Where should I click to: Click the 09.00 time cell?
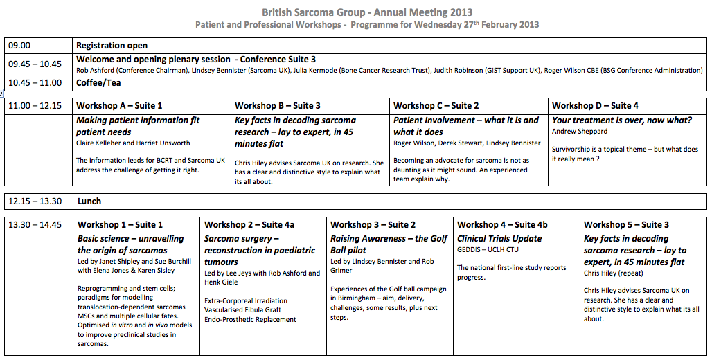click(19, 46)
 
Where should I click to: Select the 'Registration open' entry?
click(112, 46)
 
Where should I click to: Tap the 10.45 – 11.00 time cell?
click(35, 83)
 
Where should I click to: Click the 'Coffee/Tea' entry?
click(98, 83)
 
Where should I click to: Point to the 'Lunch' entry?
click(89, 201)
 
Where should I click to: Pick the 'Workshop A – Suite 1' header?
click(119, 106)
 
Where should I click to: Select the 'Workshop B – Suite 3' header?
click(278, 106)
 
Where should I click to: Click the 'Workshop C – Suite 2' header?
click(436, 106)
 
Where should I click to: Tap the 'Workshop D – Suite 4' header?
click(595, 106)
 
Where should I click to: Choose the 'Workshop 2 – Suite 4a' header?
click(249, 224)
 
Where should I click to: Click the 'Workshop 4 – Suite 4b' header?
click(502, 224)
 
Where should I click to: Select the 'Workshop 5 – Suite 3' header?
click(627, 224)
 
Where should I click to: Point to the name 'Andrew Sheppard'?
click(580, 131)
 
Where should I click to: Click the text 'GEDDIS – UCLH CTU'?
click(488, 249)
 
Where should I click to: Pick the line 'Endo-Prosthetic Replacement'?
click(250, 320)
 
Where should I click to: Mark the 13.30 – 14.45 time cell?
click(35, 224)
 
